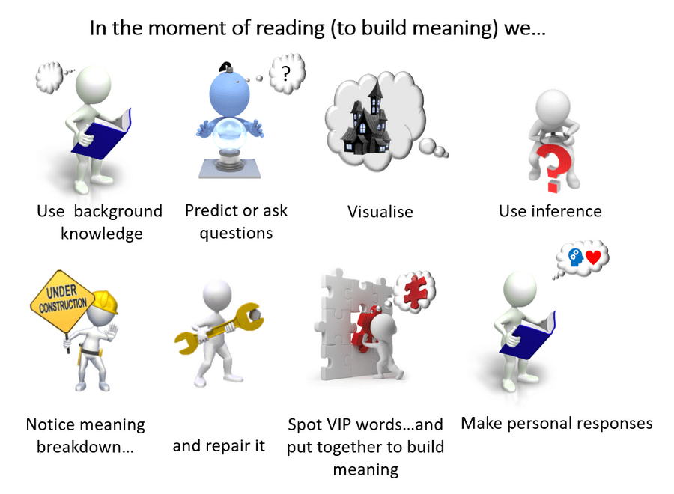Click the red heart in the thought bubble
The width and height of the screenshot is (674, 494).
click(x=593, y=257)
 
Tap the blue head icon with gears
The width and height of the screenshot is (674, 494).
click(x=576, y=257)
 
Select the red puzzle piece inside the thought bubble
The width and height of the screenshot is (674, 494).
click(x=415, y=292)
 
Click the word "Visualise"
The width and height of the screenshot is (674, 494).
click(x=380, y=212)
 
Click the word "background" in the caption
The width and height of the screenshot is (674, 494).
click(x=118, y=212)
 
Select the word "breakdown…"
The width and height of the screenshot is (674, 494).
click(x=85, y=447)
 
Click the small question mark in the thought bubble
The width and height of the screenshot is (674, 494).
click(x=285, y=73)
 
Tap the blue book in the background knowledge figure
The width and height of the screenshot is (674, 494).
click(x=101, y=133)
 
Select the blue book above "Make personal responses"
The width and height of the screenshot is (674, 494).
click(x=527, y=335)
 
